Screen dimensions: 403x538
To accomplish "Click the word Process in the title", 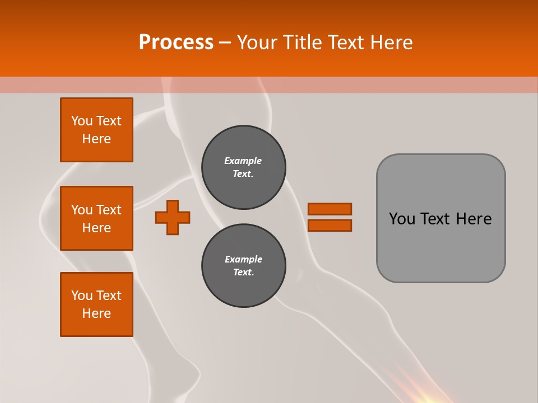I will (x=176, y=43).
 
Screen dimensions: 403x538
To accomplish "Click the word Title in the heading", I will (x=303, y=43).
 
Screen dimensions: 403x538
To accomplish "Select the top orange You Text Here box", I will (x=96, y=130).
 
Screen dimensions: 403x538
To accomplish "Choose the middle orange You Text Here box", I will (x=96, y=218).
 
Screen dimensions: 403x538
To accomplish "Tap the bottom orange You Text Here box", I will (x=96, y=304).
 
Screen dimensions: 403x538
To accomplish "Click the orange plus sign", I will (x=173, y=217).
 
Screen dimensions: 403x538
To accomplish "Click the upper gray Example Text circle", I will (x=243, y=167).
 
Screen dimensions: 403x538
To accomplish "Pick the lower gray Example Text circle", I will (x=243, y=266).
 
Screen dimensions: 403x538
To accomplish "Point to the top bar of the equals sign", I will (x=330, y=209).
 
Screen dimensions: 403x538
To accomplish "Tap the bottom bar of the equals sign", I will (x=330, y=225).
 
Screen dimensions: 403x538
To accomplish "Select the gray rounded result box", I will (x=440, y=246).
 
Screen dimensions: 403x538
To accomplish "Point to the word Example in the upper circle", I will (x=243, y=161).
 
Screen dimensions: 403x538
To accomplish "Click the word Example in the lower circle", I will (x=243, y=259).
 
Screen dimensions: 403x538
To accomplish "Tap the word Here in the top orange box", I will (x=96, y=139).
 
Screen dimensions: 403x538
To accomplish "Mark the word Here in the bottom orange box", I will (x=96, y=313).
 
